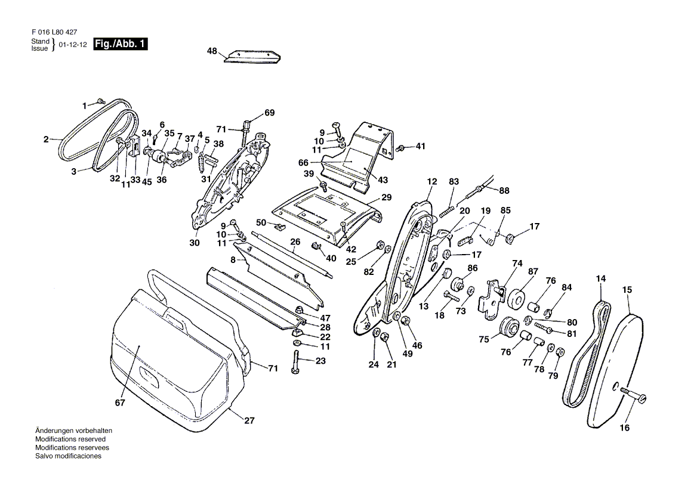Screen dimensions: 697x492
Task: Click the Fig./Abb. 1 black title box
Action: (121, 44)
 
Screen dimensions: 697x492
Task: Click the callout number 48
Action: (212, 51)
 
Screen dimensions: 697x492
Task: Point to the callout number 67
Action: (120, 403)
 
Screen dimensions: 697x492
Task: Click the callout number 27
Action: (249, 420)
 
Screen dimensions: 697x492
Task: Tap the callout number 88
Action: (504, 190)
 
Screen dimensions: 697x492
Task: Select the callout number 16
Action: (625, 428)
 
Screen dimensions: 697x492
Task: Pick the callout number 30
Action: (195, 243)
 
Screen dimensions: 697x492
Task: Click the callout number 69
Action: (269, 113)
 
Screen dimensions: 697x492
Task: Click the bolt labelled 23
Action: (296, 362)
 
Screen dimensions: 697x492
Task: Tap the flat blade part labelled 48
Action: (252, 57)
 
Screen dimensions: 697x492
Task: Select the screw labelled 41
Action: (400, 148)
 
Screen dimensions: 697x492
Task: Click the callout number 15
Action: (627, 289)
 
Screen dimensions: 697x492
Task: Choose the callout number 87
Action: (533, 271)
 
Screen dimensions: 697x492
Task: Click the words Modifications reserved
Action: (70, 439)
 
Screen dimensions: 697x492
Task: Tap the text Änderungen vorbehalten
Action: (74, 431)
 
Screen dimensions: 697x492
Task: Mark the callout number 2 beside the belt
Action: (46, 140)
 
